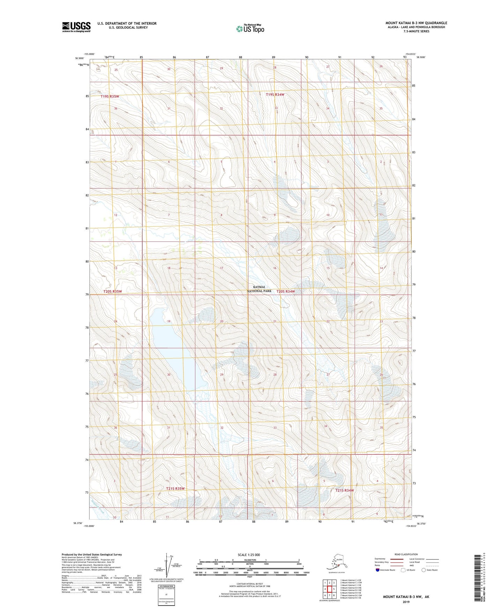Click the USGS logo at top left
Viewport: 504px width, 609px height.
[x=76, y=27]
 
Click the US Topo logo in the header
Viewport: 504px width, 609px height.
[x=250, y=28]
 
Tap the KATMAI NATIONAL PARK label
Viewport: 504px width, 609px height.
[x=259, y=289]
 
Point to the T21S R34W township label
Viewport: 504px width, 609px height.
[x=345, y=490]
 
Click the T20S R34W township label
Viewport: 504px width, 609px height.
[x=286, y=292]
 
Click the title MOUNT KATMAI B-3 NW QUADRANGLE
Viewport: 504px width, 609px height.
[x=416, y=23]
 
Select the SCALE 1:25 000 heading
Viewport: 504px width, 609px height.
[x=248, y=555]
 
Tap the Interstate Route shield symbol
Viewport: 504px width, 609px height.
[x=378, y=570]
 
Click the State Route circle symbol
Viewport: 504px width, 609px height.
[x=424, y=570]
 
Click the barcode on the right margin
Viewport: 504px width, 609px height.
[x=479, y=577]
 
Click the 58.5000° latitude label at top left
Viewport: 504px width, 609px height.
[x=79, y=58]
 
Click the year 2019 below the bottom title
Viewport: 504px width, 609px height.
[x=406, y=602]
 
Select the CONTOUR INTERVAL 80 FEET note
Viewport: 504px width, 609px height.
[x=249, y=583]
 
